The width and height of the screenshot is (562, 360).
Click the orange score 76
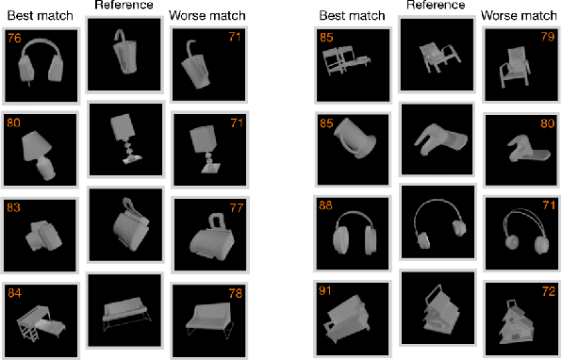tap(14, 39)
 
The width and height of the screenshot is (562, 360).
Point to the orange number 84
tap(14, 292)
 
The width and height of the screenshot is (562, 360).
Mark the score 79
tap(546, 39)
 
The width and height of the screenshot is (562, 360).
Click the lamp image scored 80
tap(41, 150)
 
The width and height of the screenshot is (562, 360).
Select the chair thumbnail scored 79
tap(521, 66)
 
